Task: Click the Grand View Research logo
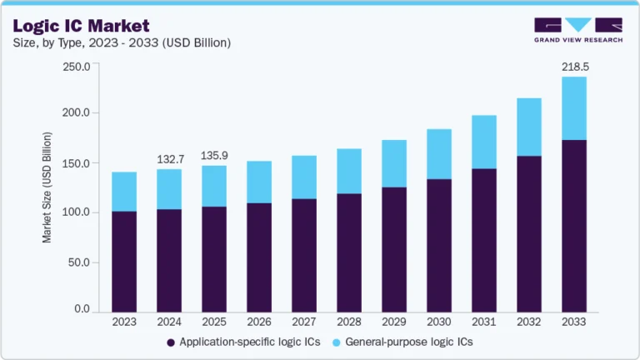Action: click(x=577, y=29)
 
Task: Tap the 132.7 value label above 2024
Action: click(x=169, y=158)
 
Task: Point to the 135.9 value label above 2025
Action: click(x=214, y=155)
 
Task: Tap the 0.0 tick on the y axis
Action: click(x=82, y=309)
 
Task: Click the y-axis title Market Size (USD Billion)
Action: click(x=47, y=187)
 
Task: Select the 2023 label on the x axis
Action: click(x=124, y=322)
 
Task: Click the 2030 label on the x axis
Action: click(x=439, y=322)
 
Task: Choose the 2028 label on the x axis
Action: click(x=349, y=322)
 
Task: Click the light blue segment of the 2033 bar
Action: click(x=573, y=108)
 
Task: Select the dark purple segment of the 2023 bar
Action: click(x=124, y=261)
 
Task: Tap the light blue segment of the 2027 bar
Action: click(x=304, y=177)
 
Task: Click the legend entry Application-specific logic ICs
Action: click(x=242, y=342)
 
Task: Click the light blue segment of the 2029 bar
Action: click(x=394, y=163)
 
